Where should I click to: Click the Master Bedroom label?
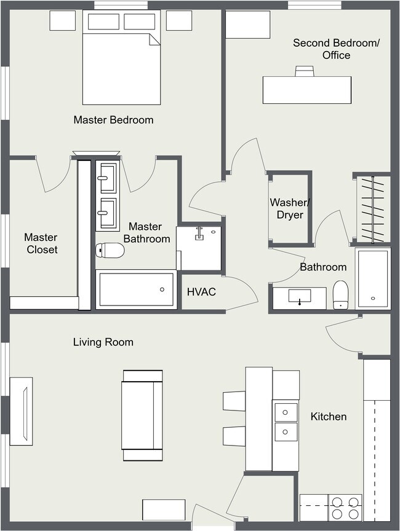(114, 120)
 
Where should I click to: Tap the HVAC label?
(201, 292)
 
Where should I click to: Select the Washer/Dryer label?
(290, 208)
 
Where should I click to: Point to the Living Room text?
(103, 342)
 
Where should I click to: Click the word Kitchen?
(329, 417)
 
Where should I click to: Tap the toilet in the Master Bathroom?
(110, 250)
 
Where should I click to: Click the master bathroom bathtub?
(136, 289)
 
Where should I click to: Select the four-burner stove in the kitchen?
(345, 508)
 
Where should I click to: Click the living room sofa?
(142, 415)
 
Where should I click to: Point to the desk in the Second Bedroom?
(307, 90)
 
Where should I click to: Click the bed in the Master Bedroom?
(122, 57)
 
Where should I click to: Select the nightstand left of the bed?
(63, 21)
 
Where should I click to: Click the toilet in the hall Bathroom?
(341, 294)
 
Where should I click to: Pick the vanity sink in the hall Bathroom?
(300, 296)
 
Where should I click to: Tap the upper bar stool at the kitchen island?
(234, 401)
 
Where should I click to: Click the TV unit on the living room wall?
(22, 411)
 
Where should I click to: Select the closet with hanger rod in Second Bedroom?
(372, 210)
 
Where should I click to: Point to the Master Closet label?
(41, 243)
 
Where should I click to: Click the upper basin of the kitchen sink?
(286, 412)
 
